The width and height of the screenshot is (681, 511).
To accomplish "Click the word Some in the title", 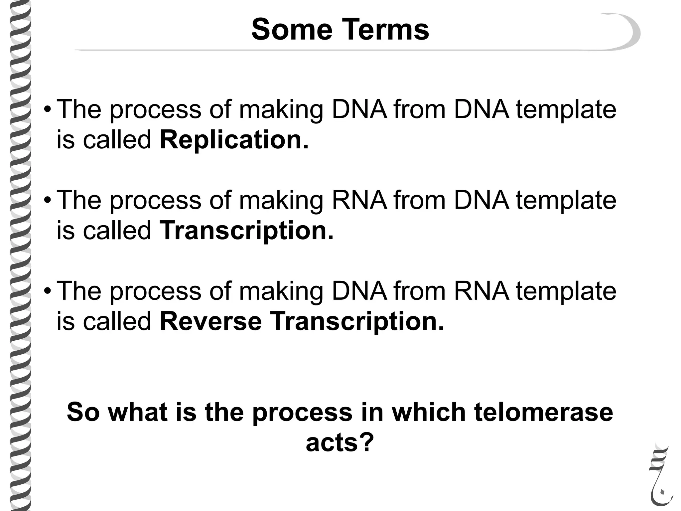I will click(x=292, y=30).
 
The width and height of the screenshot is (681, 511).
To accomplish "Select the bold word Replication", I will click(x=234, y=140).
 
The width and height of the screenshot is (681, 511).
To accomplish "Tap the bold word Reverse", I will click(x=210, y=321).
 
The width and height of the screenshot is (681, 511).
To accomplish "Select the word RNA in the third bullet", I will click(x=481, y=291).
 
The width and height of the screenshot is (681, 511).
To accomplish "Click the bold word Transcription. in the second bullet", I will click(x=246, y=231).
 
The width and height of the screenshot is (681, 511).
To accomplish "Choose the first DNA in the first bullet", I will click(x=359, y=109).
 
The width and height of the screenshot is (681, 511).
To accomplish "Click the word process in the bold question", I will click(x=302, y=413).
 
